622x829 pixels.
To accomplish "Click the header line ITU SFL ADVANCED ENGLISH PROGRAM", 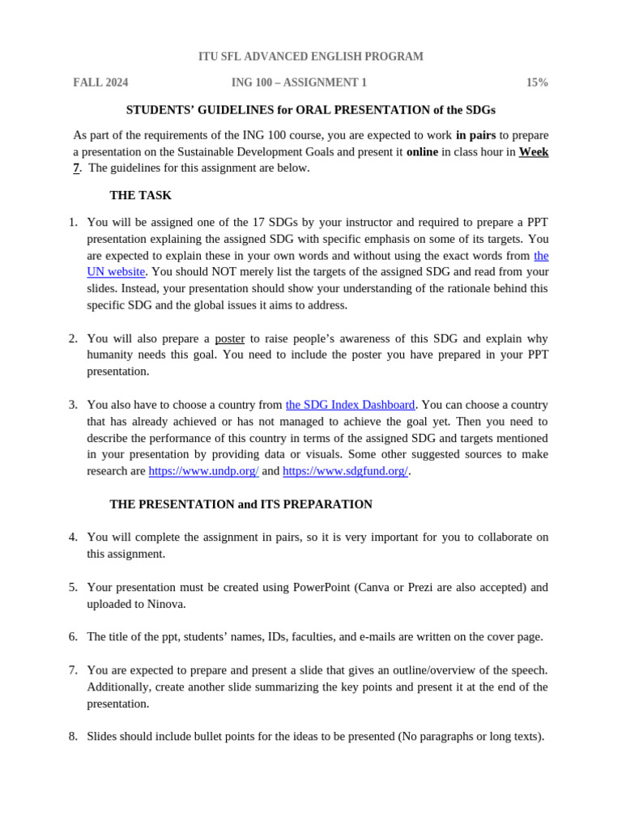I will click(x=310, y=57).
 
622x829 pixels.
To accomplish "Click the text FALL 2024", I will click(x=100, y=83).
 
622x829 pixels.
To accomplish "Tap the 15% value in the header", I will click(x=537, y=83).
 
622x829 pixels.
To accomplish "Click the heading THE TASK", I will click(x=140, y=195).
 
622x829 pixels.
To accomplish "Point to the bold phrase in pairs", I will click(x=475, y=135).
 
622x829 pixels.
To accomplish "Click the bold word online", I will click(x=422, y=151).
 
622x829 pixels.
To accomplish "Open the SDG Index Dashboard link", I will click(x=350, y=405).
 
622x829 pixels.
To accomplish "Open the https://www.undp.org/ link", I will click(x=203, y=471).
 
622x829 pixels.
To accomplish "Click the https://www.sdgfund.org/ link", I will click(x=345, y=471).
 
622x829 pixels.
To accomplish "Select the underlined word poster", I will click(x=229, y=338).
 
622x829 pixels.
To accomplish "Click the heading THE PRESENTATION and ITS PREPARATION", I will click(x=241, y=504).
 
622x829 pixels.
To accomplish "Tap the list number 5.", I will click(x=73, y=587).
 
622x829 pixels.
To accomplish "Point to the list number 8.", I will click(x=73, y=736).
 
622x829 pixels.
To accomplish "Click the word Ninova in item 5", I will click(x=166, y=604).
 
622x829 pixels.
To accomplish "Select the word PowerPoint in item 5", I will click(x=322, y=587).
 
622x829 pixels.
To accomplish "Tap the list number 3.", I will click(x=73, y=405).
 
